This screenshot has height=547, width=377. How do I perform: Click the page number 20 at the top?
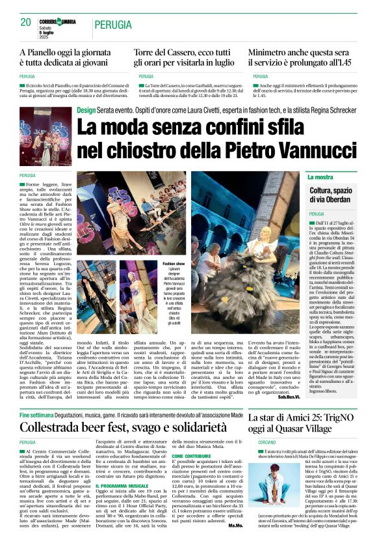26,21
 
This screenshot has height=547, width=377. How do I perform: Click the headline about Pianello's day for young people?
71,57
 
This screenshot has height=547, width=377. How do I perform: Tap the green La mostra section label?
320,177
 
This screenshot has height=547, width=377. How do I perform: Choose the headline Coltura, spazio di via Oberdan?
331,195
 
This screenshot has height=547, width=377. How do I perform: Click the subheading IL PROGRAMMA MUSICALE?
122,484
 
